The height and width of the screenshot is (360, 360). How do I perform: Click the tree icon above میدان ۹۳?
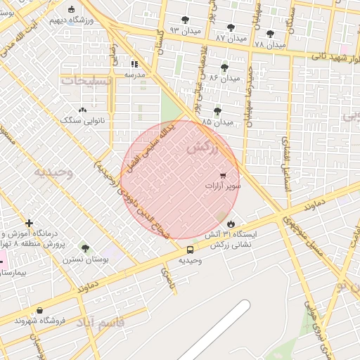point(186,20)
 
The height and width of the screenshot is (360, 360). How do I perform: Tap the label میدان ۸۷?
point(231,37)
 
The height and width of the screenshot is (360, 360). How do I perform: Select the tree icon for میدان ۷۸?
point(270,34)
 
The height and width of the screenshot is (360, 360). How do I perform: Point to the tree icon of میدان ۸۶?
point(224,67)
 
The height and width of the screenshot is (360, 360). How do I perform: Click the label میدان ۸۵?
point(217,122)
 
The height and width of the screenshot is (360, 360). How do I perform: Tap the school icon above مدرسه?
point(134,64)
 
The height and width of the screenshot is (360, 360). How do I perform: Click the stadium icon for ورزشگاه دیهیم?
point(71,10)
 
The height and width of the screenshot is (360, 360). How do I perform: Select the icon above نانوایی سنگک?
point(83,110)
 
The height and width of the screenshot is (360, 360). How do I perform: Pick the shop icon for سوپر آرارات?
point(224,176)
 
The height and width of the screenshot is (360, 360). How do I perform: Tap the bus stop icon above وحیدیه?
point(190,250)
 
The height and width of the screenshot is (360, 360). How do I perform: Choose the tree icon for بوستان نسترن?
point(85,249)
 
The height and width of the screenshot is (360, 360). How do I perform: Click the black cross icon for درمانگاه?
point(29,223)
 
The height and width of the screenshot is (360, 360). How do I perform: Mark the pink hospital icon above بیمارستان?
point(1,262)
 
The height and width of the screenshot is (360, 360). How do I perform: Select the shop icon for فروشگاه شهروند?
point(39,310)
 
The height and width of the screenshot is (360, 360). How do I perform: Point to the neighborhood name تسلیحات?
point(86,81)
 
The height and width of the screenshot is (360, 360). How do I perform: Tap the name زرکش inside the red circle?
point(203,148)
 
